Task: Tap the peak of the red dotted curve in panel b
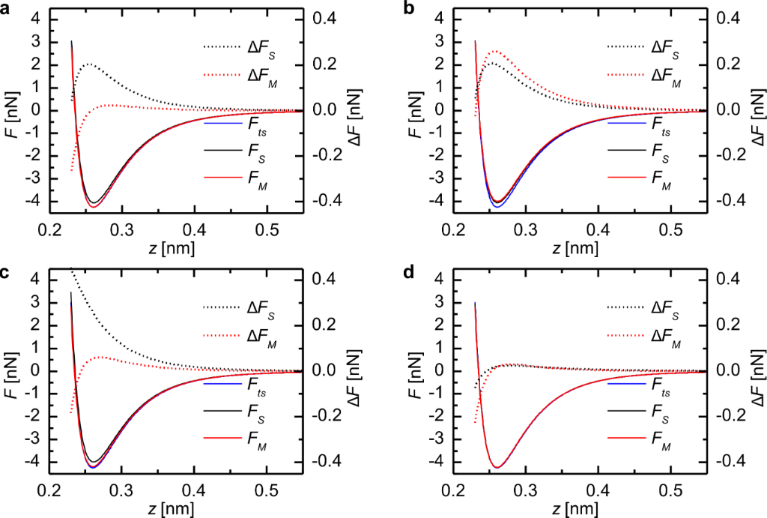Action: (x=494, y=51)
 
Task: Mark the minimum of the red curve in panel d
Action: (x=497, y=468)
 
